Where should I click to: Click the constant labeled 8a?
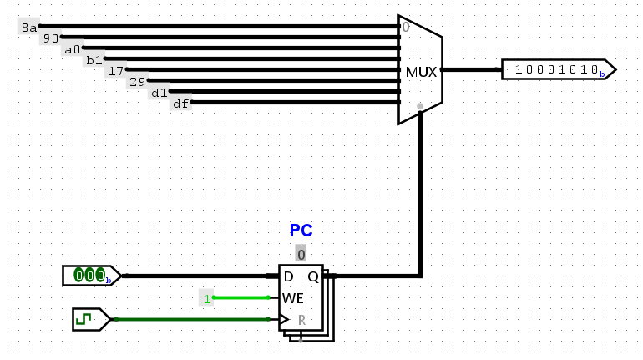point(28,27)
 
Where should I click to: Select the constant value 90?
point(51,38)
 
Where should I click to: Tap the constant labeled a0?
point(73,48)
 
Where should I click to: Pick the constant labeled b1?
point(94,60)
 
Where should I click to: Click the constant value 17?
point(116,70)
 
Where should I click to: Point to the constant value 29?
point(138,81)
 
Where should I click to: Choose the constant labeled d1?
point(159,92)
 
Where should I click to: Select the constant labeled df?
point(181,104)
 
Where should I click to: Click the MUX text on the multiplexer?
point(421,72)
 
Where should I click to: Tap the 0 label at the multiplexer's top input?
point(406,27)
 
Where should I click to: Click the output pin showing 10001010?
point(559,69)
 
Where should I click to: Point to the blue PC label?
point(301,230)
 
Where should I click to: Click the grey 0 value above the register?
point(301,254)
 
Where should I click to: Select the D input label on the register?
point(288,276)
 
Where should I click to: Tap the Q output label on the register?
point(313,276)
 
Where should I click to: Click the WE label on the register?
point(293,298)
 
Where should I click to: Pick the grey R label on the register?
point(301,320)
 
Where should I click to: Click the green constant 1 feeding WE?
point(207,298)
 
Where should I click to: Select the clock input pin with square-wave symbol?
point(92,319)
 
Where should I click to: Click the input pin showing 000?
point(92,276)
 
